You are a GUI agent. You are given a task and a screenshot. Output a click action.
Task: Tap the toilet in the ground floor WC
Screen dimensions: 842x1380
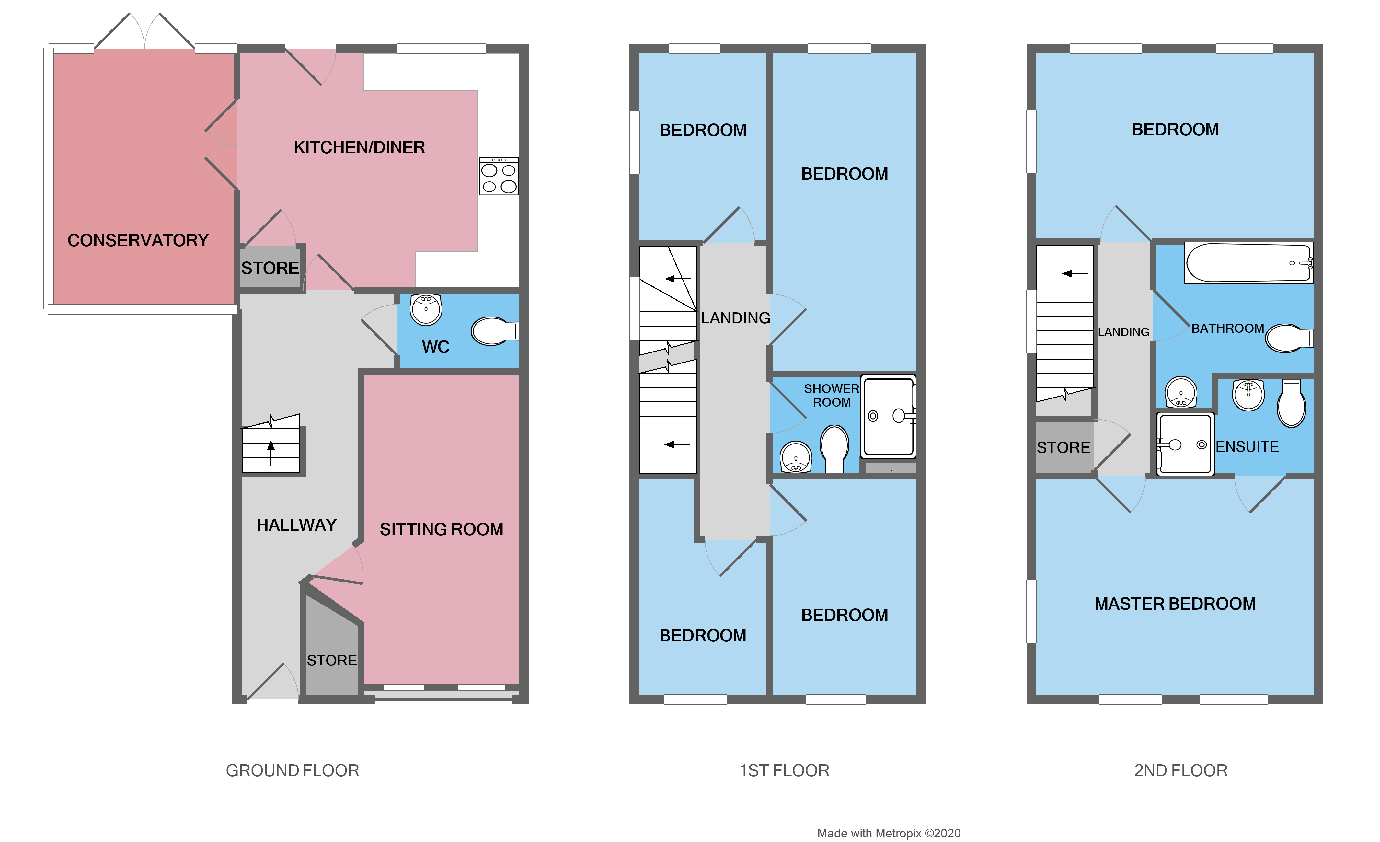(x=493, y=331)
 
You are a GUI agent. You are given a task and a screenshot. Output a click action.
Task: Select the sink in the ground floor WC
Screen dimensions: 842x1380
(x=426, y=309)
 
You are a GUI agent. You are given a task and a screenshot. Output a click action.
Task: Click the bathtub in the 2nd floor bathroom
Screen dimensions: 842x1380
(x=1248, y=263)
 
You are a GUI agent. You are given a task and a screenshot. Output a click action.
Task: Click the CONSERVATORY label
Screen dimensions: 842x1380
(x=138, y=240)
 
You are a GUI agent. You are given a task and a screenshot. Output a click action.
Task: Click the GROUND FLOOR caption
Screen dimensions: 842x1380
(x=292, y=770)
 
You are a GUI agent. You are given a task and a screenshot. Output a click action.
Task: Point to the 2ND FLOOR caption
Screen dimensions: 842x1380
(x=1180, y=770)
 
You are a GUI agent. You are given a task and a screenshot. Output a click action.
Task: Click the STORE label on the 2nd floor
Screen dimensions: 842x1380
(x=1063, y=448)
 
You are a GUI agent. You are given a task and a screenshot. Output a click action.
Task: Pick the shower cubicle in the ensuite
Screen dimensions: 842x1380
(x=1185, y=444)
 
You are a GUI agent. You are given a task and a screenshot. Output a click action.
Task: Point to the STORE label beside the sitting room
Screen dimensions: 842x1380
(x=332, y=661)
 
